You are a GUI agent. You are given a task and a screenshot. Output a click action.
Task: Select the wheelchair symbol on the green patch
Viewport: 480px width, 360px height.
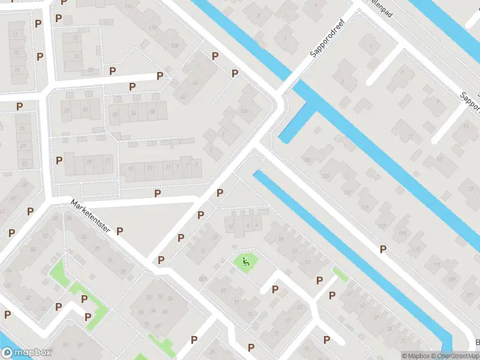[245, 261]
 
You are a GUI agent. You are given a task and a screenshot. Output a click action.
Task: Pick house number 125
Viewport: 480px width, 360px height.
[307, 160]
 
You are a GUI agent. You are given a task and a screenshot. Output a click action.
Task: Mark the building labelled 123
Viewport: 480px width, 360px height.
[326, 176]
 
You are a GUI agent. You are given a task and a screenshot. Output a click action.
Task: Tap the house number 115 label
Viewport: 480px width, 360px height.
[401, 233]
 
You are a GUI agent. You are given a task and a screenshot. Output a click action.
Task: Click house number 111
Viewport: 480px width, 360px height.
[436, 265]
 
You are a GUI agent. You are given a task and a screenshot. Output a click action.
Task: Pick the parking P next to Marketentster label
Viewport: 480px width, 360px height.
[119, 231]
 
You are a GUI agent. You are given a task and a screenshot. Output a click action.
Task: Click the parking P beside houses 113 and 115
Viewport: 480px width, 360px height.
[382, 249]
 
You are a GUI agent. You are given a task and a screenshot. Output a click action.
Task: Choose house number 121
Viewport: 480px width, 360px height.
[347, 192]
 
